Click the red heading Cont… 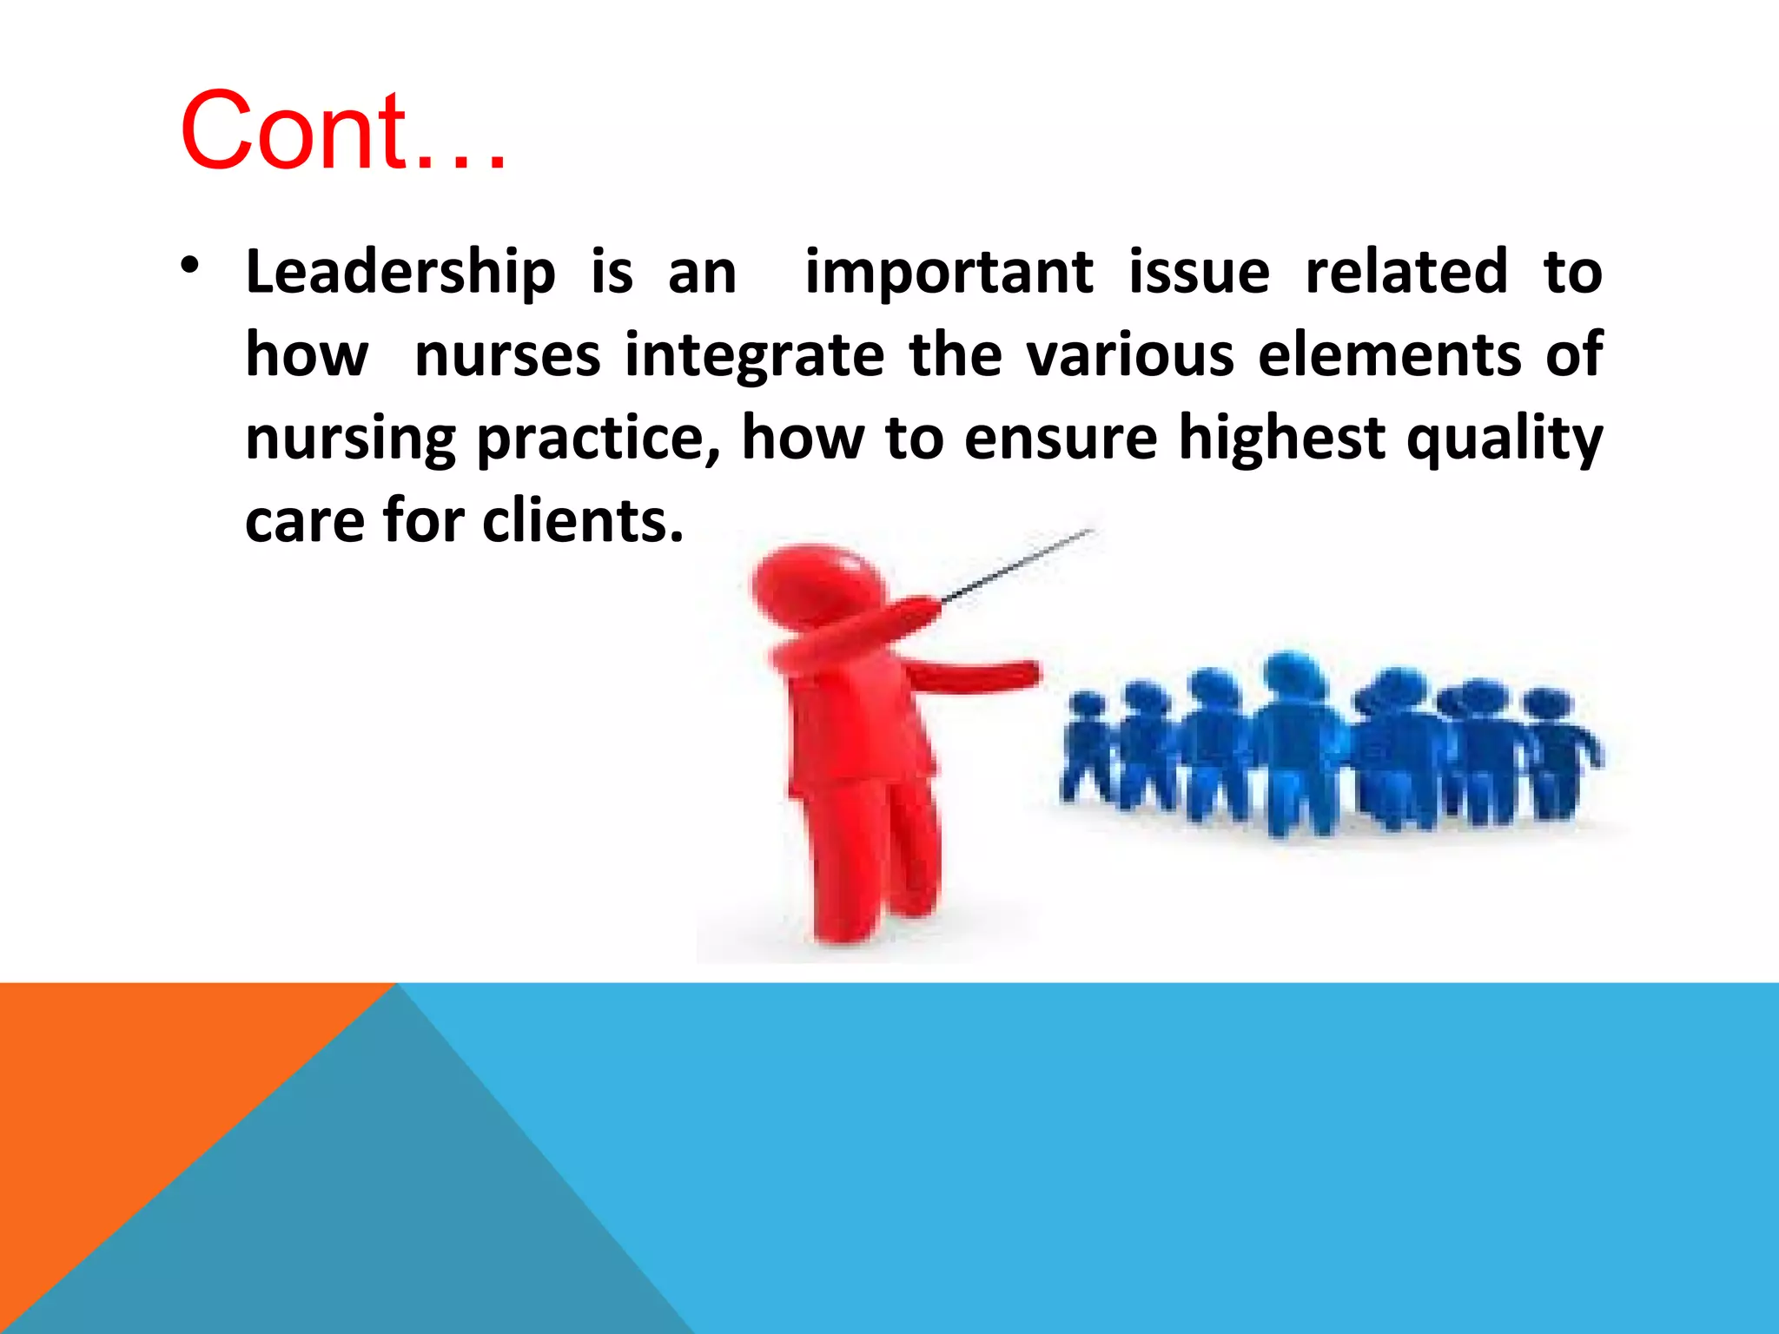tap(342, 132)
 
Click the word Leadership tap(400, 273)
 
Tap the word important tap(949, 273)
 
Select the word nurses tap(507, 355)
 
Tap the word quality tap(1504, 439)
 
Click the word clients tap(583, 521)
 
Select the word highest tap(1281, 439)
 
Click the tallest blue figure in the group tap(1294, 738)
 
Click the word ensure tap(1060, 439)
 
